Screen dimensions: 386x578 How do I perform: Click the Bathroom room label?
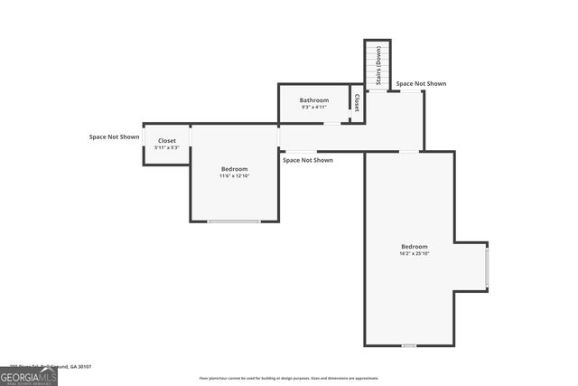314,99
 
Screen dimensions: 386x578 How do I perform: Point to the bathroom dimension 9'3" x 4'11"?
314,108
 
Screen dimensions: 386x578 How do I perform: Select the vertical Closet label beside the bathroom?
357,102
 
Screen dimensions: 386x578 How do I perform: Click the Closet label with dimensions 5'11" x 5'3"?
167,141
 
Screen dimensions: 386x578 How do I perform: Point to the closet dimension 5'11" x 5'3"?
167,148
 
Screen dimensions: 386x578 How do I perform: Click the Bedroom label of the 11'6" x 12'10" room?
234,169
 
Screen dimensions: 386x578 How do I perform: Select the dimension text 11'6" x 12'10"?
234,176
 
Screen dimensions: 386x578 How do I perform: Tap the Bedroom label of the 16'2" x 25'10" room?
415,247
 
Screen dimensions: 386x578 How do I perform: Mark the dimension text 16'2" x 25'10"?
415,254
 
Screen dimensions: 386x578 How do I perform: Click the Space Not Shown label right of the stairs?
421,84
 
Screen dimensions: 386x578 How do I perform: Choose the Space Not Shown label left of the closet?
114,137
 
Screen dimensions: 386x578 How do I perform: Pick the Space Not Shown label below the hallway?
308,160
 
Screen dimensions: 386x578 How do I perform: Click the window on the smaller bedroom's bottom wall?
234,221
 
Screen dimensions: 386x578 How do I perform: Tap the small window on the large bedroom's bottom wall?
409,345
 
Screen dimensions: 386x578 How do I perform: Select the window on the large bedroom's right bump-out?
487,267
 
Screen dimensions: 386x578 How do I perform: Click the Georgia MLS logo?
29,375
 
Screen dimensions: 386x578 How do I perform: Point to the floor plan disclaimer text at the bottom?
289,378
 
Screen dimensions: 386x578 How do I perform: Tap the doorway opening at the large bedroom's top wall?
409,152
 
